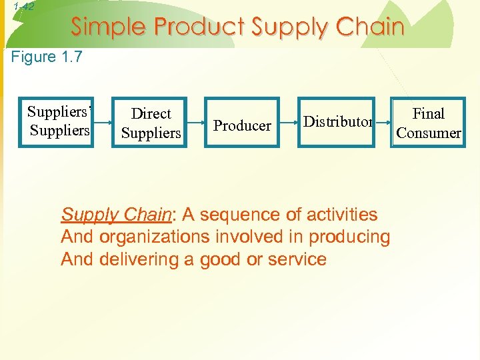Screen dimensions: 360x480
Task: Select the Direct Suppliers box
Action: pos(151,123)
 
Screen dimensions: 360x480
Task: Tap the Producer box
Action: pos(242,123)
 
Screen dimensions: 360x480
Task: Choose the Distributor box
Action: pos(336,122)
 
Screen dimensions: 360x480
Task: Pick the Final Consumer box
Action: pos(428,123)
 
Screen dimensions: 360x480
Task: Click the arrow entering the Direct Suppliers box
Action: pos(101,123)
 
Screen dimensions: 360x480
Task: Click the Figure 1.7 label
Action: pos(47,57)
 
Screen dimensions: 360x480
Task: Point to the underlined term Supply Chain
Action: pos(116,215)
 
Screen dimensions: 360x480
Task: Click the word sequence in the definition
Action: pos(233,215)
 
